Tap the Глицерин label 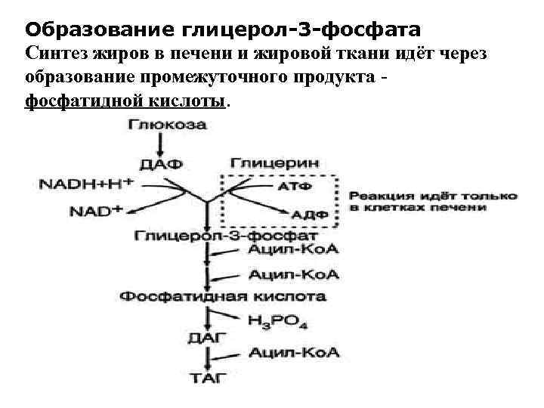coord(274,162)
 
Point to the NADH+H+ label coord(85,184)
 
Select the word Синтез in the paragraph coord(51,54)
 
